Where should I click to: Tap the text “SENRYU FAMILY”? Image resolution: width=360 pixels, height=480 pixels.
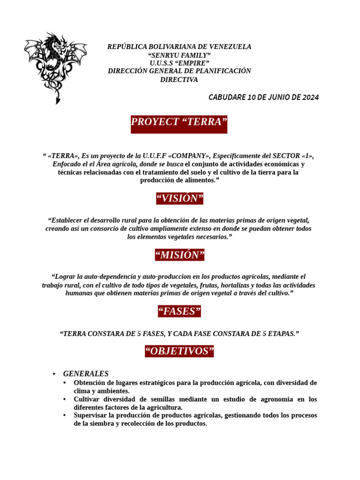(179, 55)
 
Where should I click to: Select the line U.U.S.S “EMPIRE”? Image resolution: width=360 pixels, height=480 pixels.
(179, 63)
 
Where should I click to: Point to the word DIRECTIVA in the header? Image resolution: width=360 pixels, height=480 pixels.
(179, 80)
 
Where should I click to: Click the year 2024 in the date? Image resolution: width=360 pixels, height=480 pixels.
(310, 97)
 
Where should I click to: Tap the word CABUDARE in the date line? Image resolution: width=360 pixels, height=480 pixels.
(227, 97)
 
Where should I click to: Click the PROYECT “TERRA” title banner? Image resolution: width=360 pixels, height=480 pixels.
(179, 122)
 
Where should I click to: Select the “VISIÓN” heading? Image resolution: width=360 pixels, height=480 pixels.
(180, 199)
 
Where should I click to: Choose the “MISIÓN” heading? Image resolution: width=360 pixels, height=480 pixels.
(180, 255)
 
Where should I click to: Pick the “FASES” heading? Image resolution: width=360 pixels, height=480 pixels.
(180, 311)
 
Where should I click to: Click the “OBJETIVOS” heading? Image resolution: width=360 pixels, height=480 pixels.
(180, 352)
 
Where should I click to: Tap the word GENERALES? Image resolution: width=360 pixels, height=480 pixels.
(86, 374)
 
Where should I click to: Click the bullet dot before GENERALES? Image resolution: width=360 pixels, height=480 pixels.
(54, 374)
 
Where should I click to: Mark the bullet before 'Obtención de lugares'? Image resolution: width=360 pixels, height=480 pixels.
(65, 383)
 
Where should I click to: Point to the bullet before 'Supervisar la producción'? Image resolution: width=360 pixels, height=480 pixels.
(65, 415)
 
